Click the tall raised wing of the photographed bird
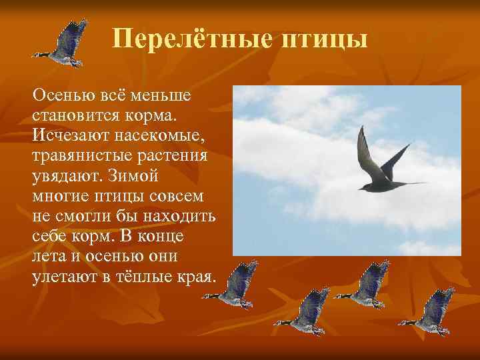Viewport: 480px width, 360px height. (365, 150)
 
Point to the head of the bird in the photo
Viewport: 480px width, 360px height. (363, 188)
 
